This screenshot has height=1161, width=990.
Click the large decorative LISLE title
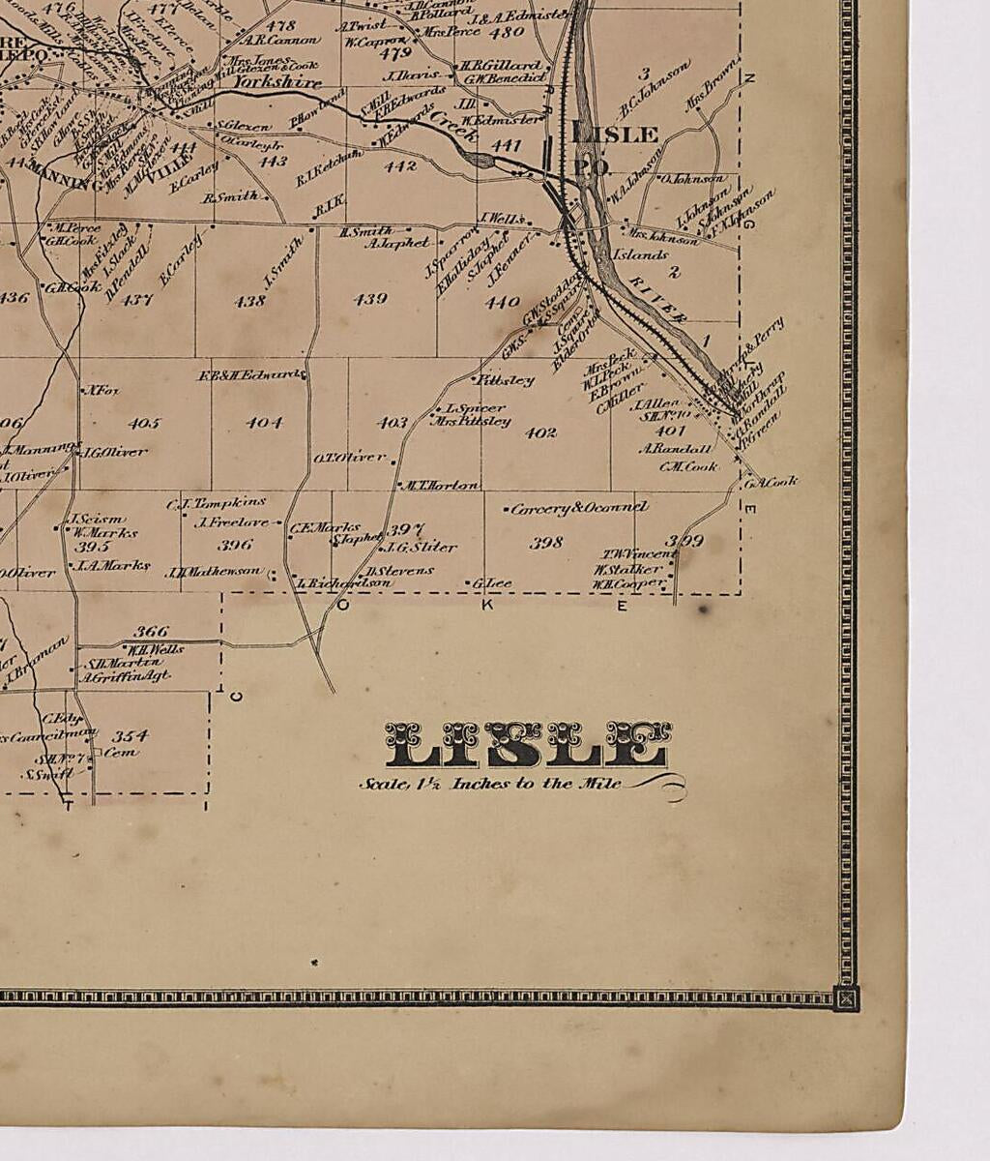coord(528,744)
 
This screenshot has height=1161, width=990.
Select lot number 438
coord(249,301)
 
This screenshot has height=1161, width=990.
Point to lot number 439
coord(370,299)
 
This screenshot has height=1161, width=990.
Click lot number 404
coord(264,423)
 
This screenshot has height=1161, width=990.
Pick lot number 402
coord(540,432)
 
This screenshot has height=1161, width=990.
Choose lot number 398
coord(546,543)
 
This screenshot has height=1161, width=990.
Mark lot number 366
coord(151,631)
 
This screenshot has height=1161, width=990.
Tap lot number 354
coord(129,736)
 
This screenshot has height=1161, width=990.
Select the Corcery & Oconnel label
coord(578,508)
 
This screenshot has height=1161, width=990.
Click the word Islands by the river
coord(639,254)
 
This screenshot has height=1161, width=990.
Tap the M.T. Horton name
coord(440,485)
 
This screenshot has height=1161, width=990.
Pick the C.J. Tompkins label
coord(216,503)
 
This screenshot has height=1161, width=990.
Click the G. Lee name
coord(492,583)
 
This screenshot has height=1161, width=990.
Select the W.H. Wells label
coord(155,648)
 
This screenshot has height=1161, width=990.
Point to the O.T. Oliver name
coord(350,457)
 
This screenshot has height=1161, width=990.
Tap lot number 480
coord(507,32)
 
